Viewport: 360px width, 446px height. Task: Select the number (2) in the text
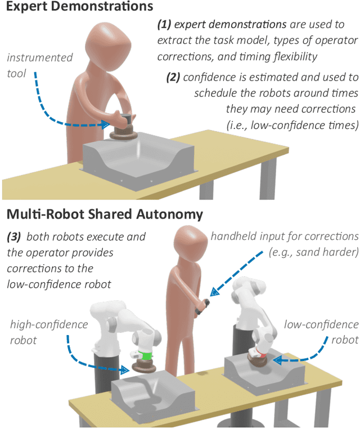[173, 77]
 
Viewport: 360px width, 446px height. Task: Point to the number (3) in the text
[14, 237]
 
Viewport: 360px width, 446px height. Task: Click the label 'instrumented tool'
[48, 64]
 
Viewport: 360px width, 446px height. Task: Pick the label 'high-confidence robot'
[49, 332]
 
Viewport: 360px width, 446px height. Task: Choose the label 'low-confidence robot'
[321, 332]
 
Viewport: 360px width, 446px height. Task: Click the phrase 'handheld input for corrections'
[284, 237]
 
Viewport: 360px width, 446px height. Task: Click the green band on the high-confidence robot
[146, 356]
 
